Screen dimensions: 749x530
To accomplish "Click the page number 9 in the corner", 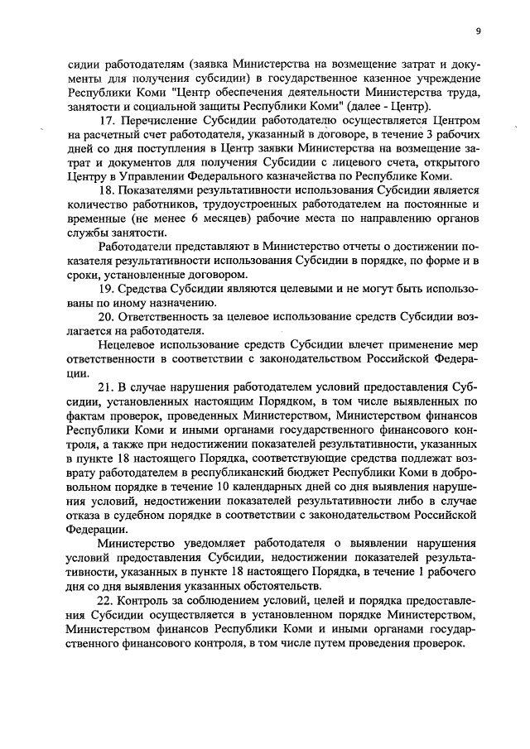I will pyautogui.click(x=479, y=31).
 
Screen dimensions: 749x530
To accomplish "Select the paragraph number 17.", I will pyautogui.click(x=106, y=119).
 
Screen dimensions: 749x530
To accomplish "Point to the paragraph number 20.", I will pyautogui.click(x=106, y=316).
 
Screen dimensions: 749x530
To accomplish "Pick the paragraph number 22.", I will pyautogui.click(x=106, y=599).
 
